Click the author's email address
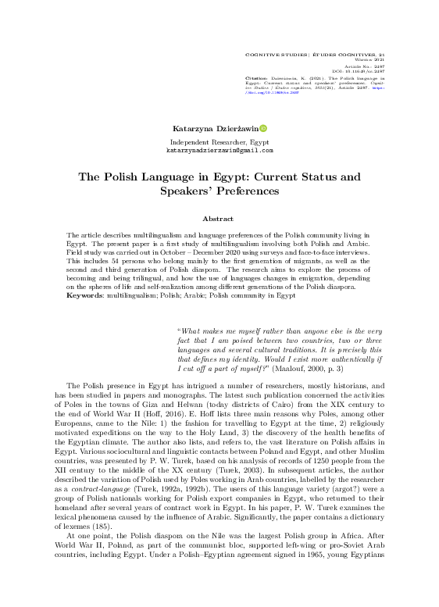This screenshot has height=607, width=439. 219,150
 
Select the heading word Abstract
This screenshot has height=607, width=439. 219,220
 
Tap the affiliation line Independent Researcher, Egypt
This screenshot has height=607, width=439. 219,141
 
